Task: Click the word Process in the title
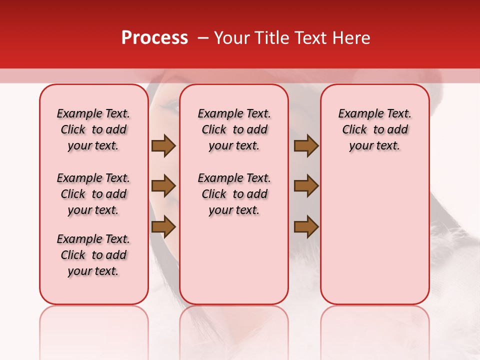(x=154, y=38)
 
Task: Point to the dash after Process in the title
(x=202, y=38)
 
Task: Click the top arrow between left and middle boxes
(x=163, y=145)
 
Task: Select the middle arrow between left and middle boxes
(x=163, y=186)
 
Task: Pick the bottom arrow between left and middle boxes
(x=163, y=227)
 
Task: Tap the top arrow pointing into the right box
(x=306, y=145)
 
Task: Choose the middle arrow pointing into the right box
(x=306, y=186)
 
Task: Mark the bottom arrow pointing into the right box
(x=306, y=227)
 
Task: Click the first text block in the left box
(x=93, y=129)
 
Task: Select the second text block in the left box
(x=93, y=194)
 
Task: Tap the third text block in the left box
(x=93, y=255)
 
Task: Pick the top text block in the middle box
(x=234, y=129)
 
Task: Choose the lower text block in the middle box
(x=234, y=194)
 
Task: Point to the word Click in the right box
(x=354, y=130)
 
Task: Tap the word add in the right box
(x=398, y=130)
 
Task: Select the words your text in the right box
(x=374, y=146)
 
